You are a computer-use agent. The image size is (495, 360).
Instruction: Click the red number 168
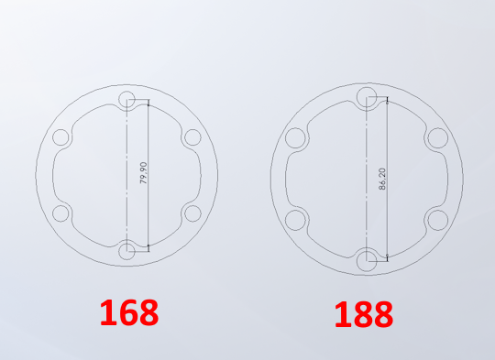[x=129, y=312]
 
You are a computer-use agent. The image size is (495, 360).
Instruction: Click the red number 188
[x=364, y=314]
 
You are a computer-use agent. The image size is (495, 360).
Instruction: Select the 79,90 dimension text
[x=143, y=172]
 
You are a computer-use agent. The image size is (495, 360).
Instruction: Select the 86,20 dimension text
[x=382, y=179]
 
